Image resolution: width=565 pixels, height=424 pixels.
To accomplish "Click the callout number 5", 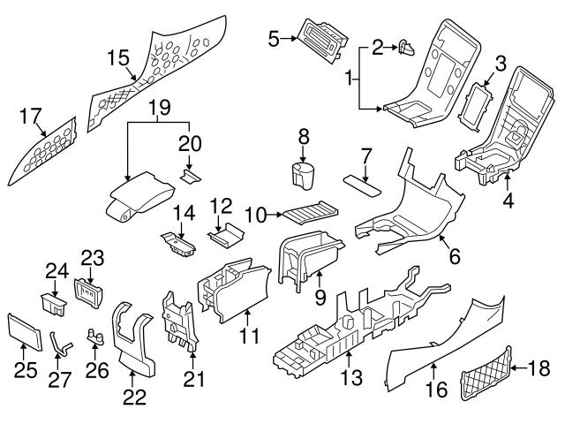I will tap(274, 38).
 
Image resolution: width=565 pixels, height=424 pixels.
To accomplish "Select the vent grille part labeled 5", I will tap(320, 39).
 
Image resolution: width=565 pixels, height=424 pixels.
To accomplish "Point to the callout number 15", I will tap(117, 58).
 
